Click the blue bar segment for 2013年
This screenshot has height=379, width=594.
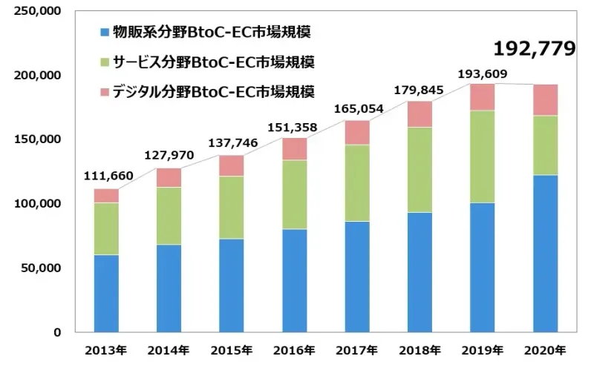coord(106,293)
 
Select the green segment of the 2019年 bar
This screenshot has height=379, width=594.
coord(483,156)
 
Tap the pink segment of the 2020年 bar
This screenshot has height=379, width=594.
coord(546,100)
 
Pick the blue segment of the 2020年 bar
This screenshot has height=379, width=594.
coord(546,253)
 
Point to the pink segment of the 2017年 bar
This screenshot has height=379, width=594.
coord(357,132)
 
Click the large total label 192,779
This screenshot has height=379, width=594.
coord(535,49)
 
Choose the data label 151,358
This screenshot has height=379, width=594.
coord(295,128)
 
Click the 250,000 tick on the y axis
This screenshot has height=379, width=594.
coord(38,12)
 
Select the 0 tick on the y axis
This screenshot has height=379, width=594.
coord(56,332)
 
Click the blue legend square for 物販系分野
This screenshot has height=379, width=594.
coord(103,32)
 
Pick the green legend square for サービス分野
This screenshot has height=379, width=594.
coord(103,62)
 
